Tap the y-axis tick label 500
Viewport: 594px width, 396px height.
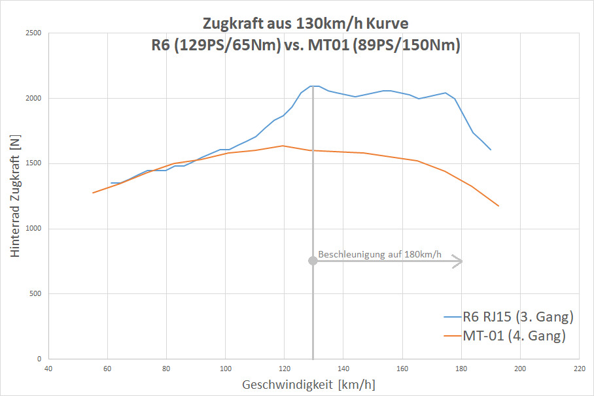coord(35,294)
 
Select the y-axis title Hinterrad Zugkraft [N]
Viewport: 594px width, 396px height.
coord(15,197)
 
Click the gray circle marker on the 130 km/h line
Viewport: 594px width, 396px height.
coord(313,261)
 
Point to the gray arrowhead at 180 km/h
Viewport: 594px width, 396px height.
coord(460,261)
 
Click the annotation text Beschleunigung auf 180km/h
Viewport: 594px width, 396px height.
coord(380,254)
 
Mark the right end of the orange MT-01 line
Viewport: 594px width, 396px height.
coord(498,206)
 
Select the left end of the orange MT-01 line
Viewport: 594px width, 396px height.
coord(93,193)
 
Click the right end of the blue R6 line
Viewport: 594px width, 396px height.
coord(491,150)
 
